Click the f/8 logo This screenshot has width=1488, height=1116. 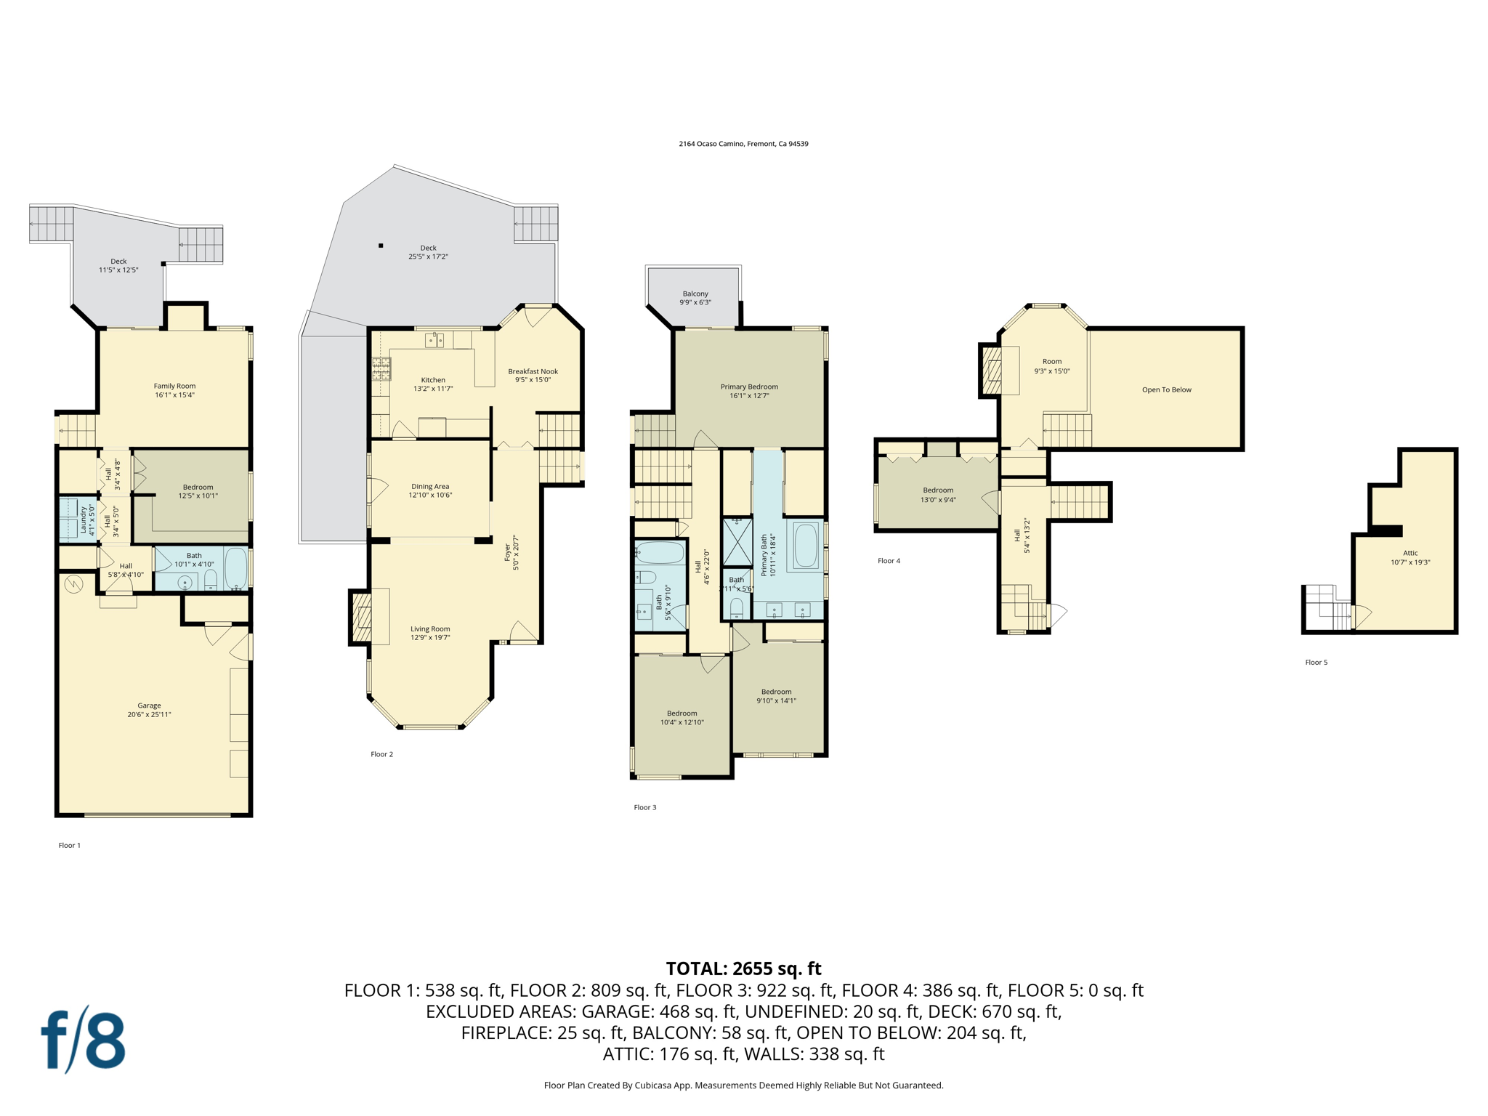tap(83, 1040)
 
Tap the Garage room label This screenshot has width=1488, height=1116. tap(150, 710)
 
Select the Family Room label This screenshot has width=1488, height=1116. tap(174, 391)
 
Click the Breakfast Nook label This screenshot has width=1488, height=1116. tap(533, 376)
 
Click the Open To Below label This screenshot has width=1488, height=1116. tap(1167, 390)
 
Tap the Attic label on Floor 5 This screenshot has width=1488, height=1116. tap(1410, 557)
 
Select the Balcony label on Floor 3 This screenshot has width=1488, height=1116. tap(695, 298)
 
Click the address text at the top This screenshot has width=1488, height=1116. tap(743, 144)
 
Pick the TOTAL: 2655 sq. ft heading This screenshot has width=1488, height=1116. tap(743, 969)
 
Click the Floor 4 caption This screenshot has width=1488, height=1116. tap(889, 561)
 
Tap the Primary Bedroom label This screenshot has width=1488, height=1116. tap(749, 391)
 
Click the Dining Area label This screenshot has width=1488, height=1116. tap(430, 490)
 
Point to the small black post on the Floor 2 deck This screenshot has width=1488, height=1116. tap(381, 246)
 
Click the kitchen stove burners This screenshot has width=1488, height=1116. tap(381, 369)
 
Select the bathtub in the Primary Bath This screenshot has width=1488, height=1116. tap(805, 546)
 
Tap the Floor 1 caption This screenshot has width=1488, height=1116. tap(70, 845)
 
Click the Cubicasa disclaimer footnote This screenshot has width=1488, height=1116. tap(743, 1085)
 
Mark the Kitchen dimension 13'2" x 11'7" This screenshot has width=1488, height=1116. tap(433, 389)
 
